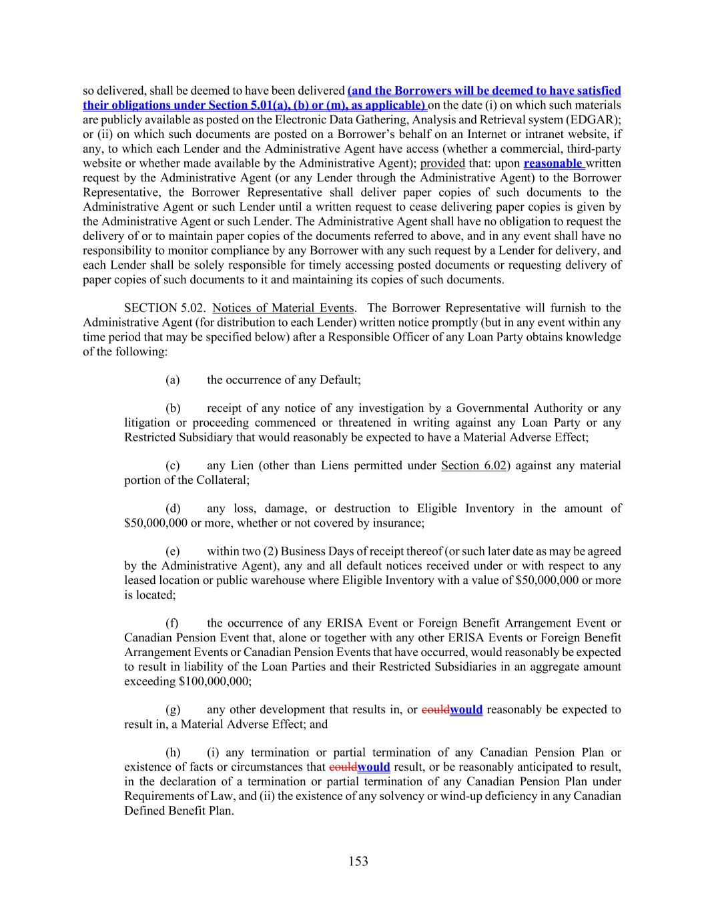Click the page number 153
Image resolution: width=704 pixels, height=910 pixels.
[x=358, y=861]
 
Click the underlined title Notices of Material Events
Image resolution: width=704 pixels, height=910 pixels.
[x=283, y=308]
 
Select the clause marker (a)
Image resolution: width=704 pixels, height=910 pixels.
[x=173, y=380]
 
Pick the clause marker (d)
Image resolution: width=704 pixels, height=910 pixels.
[x=173, y=509]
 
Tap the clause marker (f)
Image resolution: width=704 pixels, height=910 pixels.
[x=172, y=623]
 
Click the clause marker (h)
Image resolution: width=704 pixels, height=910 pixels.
[x=173, y=753]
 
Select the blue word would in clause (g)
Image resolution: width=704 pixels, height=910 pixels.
[x=466, y=710]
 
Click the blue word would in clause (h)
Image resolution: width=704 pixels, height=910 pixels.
[x=374, y=767]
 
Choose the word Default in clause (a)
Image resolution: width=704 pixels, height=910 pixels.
[x=338, y=380]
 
